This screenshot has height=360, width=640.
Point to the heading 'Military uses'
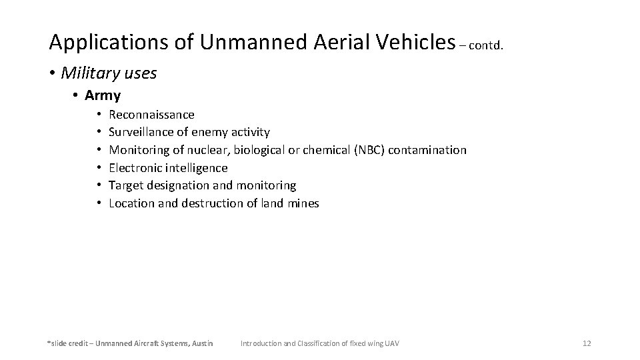click(x=109, y=73)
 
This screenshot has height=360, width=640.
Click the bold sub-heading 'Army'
click(x=103, y=95)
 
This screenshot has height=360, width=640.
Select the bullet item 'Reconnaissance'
click(x=151, y=115)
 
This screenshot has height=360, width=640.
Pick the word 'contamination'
click(x=427, y=150)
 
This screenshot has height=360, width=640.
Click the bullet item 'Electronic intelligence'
click(x=168, y=168)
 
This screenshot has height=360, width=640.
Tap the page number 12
click(x=586, y=343)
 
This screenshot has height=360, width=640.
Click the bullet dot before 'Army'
click(x=76, y=95)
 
